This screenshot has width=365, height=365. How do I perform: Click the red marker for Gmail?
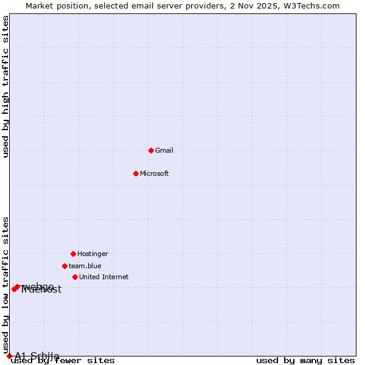[x=151, y=150]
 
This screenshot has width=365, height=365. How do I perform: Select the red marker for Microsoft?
[x=136, y=173]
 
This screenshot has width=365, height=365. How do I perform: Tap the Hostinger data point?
[x=73, y=254]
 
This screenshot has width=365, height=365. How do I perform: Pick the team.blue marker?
[x=64, y=266]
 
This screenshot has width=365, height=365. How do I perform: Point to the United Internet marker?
[x=75, y=277]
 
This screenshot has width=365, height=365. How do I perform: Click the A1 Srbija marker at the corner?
[x=9, y=356]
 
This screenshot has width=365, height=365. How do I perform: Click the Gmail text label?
[x=164, y=150]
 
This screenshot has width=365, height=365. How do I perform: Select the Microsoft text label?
[x=155, y=173]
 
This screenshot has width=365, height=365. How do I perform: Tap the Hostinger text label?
[x=92, y=254]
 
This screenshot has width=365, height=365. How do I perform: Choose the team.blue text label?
[x=85, y=266]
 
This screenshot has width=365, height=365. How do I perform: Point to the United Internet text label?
[x=104, y=277]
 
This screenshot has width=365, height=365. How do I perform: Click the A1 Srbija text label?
[x=37, y=356]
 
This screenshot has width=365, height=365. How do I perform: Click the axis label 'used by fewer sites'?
[x=63, y=361]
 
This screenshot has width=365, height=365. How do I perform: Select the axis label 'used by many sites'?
[x=305, y=361]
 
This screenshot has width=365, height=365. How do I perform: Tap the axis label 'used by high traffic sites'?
[x=6, y=86]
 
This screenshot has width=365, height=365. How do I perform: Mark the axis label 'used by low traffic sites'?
[x=6, y=285]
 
